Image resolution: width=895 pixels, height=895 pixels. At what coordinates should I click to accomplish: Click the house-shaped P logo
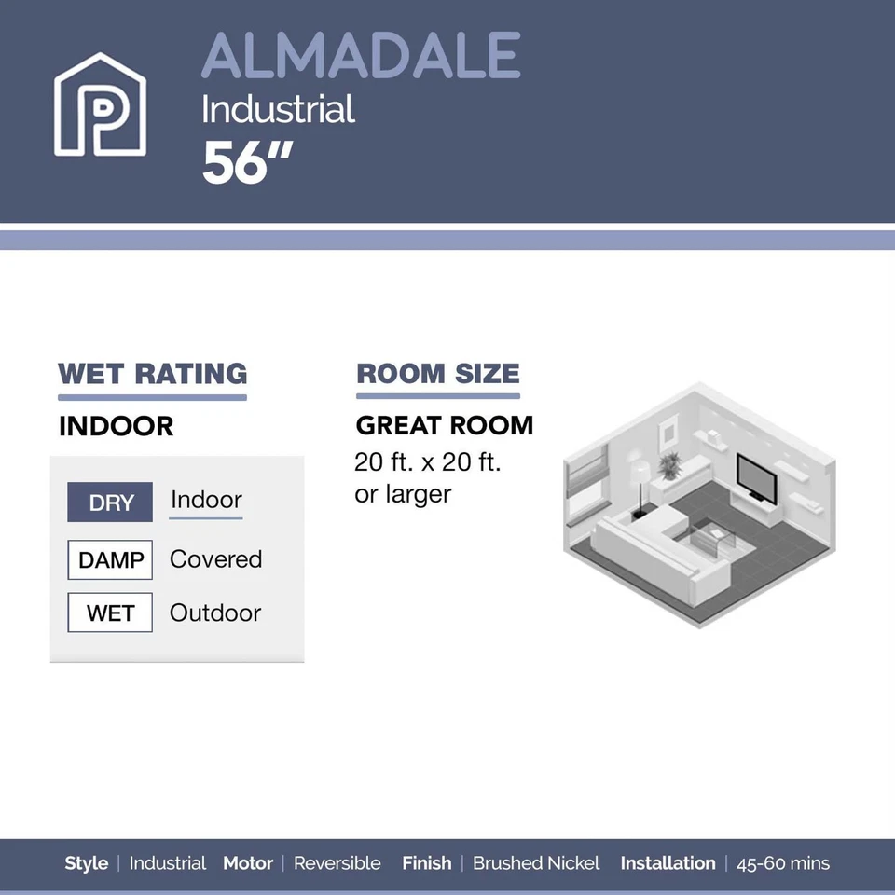(x=100, y=105)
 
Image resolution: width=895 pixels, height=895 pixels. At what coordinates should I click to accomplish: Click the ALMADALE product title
(x=361, y=56)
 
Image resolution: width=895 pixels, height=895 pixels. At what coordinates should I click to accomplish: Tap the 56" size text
(x=247, y=163)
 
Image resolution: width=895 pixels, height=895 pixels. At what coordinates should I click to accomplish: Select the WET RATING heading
(x=152, y=374)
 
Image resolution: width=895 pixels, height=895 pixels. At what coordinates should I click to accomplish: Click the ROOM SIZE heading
(x=437, y=374)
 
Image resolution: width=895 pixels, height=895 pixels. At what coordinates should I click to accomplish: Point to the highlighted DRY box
(x=110, y=503)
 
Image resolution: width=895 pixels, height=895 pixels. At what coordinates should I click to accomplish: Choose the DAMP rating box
(x=110, y=560)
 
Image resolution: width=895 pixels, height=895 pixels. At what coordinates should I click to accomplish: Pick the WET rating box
(x=110, y=613)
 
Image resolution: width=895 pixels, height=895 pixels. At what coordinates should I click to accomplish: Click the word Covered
(x=215, y=559)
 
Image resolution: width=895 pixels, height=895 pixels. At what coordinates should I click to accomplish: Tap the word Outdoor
(x=215, y=613)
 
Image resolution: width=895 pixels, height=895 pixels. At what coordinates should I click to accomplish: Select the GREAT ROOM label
(x=445, y=426)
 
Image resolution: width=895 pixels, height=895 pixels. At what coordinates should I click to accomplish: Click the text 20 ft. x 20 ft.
(x=428, y=462)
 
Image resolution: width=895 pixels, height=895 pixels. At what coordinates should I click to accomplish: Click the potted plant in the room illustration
(x=669, y=464)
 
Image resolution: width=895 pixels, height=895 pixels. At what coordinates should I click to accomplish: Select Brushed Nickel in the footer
(x=536, y=863)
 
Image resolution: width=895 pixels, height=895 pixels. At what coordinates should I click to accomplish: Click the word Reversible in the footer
(x=337, y=863)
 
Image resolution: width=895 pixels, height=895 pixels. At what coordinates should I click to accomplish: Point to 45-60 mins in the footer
(x=782, y=863)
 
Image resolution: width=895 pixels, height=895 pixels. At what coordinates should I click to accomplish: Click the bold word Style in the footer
(x=87, y=863)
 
